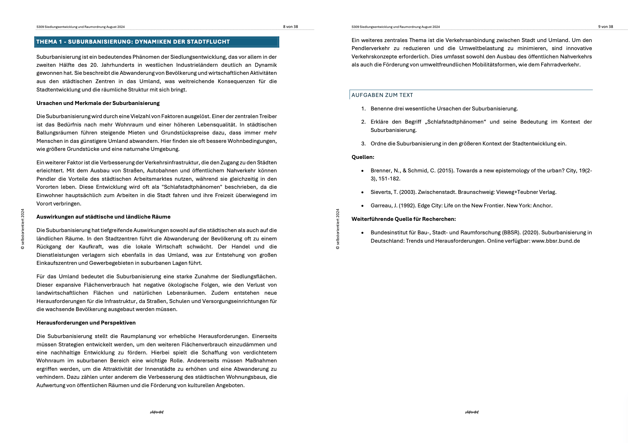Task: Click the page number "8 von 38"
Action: [x=290, y=27]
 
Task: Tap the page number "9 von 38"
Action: [x=606, y=27]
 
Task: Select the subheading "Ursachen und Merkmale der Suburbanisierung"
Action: [x=98, y=103]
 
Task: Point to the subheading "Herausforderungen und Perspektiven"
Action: [x=86, y=323]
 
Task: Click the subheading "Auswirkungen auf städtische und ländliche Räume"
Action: [x=103, y=217]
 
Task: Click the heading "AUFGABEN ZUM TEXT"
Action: [x=382, y=95]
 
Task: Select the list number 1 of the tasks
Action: [x=363, y=109]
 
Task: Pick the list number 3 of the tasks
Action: [x=363, y=143]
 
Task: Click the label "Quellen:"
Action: [x=363, y=157]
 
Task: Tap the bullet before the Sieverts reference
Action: [x=363, y=192]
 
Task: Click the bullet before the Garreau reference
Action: [x=363, y=206]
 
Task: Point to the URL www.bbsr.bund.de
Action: [x=556, y=241]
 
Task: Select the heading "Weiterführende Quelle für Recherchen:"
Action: [x=403, y=219]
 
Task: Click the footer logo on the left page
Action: [x=157, y=412]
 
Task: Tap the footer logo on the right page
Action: [x=472, y=412]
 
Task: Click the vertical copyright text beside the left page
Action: [x=22, y=229]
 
